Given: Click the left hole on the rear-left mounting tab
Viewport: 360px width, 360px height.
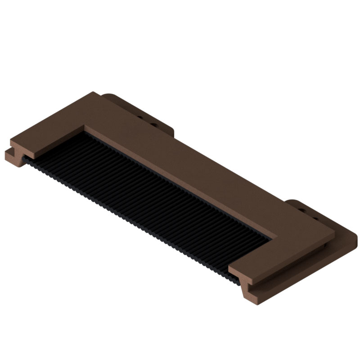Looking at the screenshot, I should click(x=140, y=118).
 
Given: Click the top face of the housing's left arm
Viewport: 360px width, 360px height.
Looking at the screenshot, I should click(x=49, y=130).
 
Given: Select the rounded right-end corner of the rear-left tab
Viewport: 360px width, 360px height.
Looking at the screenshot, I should click(x=173, y=130).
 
